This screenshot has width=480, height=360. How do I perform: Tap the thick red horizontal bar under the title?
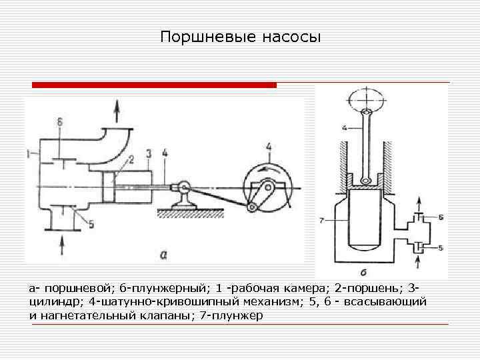pyautogui.click(x=155, y=85)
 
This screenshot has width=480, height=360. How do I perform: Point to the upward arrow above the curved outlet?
pyautogui.click(x=118, y=108)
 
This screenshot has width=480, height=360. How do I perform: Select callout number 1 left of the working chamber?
pyautogui.click(x=29, y=153)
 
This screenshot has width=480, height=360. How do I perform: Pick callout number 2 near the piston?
pyautogui.click(x=131, y=159)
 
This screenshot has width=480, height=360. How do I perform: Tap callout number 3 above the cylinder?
pyautogui.click(x=149, y=153)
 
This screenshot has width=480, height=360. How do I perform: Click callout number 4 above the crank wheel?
pyautogui.click(x=269, y=147)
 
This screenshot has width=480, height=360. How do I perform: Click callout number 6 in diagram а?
pyautogui.click(x=59, y=122)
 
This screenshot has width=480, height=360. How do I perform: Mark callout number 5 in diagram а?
pyautogui.click(x=91, y=225)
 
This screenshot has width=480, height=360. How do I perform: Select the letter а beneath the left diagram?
pyautogui.click(x=164, y=253)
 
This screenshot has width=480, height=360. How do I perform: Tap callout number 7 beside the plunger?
pyautogui.click(x=322, y=219)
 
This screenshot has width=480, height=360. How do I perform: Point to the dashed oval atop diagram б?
pyautogui.click(x=366, y=100)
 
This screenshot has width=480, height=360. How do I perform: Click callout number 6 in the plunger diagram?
pyautogui.click(x=441, y=218)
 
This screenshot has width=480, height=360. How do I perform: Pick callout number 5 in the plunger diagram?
pyautogui.click(x=441, y=248)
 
